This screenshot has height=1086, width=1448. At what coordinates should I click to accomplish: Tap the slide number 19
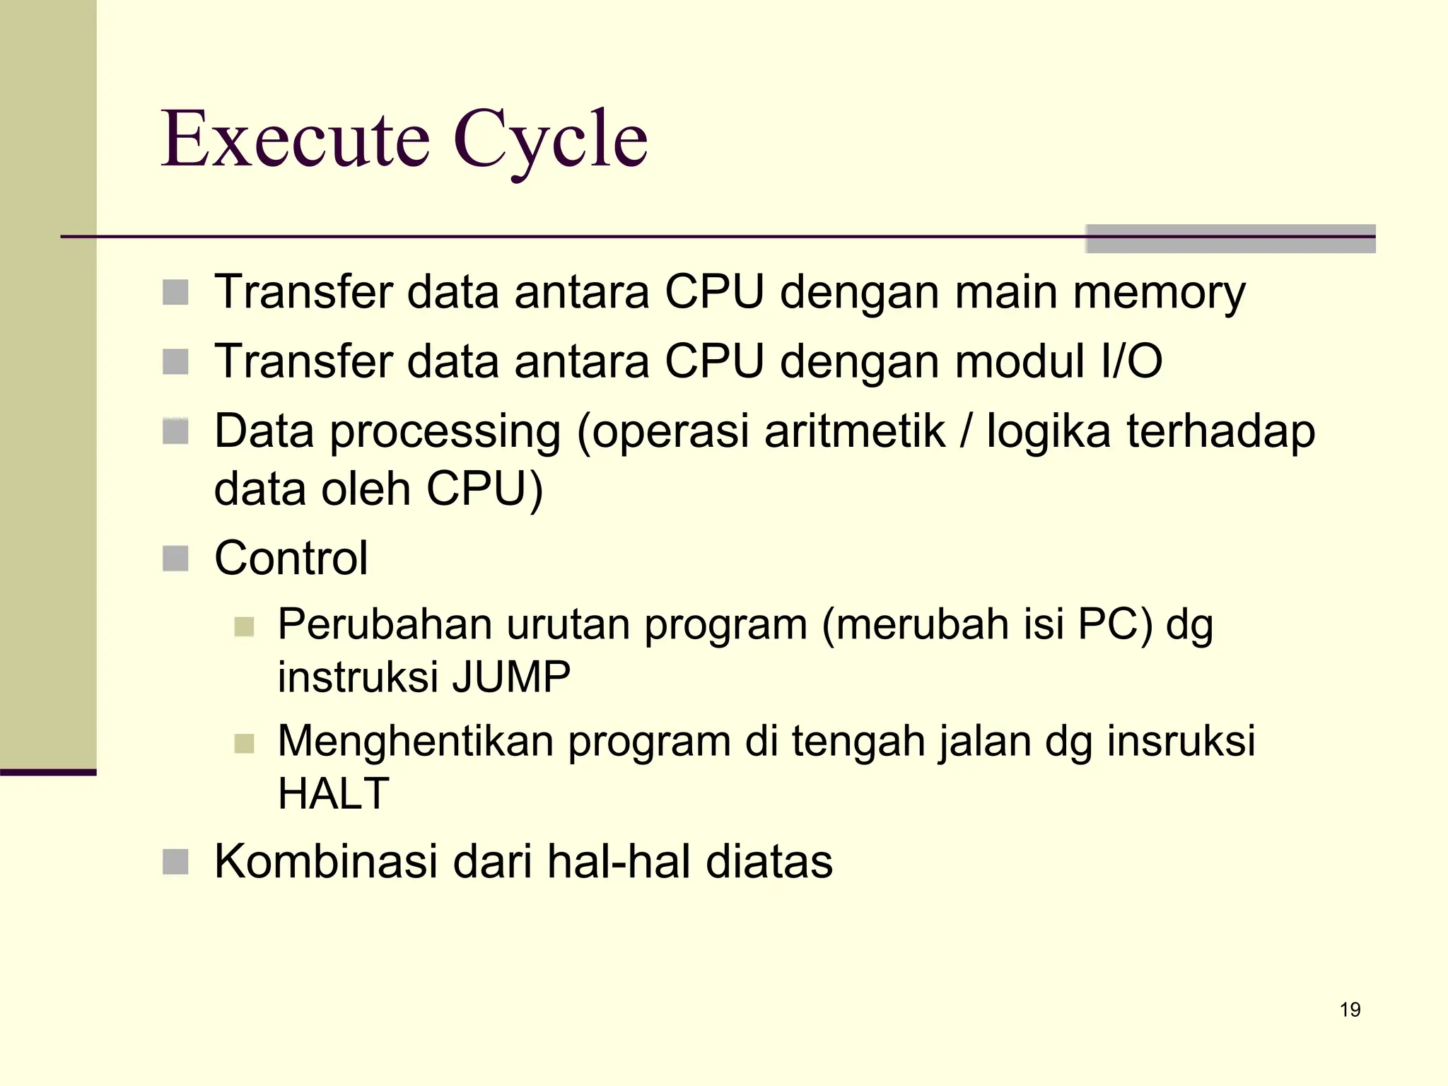pos(1350,1010)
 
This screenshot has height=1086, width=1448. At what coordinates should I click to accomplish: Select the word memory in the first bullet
pos(1159,293)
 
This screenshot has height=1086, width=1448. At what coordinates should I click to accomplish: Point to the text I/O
pos(1131,361)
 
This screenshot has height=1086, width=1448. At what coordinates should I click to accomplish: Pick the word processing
pos(445,433)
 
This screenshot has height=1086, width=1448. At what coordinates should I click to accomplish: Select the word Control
pos(291,559)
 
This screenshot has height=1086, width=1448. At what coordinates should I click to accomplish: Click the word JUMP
pos(511,677)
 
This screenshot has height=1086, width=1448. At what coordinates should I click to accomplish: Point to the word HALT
pos(333,793)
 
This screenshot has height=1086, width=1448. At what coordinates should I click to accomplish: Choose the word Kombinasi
pos(325,862)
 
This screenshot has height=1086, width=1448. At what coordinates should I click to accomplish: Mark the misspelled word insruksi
pos(1181,742)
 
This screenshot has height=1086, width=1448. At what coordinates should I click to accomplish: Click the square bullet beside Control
pos(175,559)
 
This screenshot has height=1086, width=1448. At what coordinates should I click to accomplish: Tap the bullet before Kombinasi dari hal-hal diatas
pos(175,862)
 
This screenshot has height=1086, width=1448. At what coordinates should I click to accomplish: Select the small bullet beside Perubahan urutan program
pos(244,626)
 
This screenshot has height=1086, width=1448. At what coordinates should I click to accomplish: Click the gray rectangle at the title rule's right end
pos(1230,238)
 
